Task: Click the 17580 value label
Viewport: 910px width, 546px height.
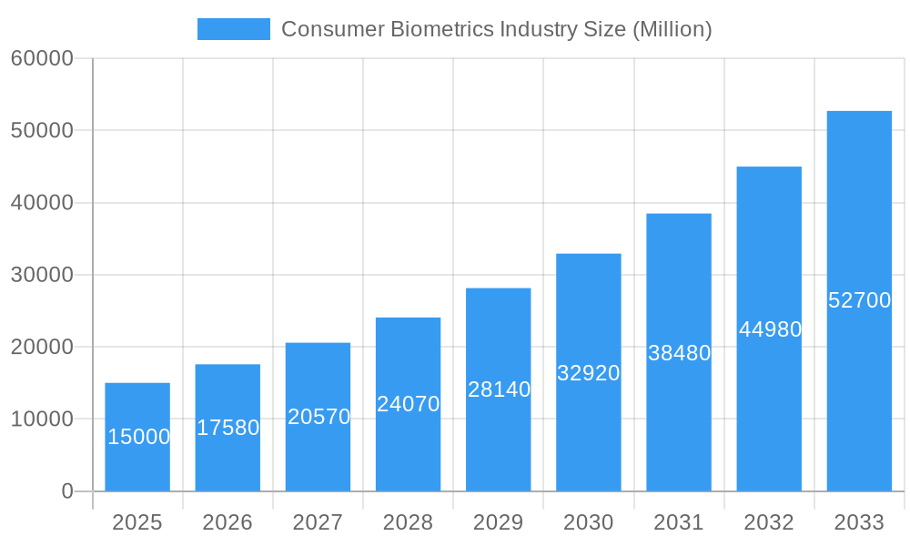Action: pos(227,428)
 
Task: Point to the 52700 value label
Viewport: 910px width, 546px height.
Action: pos(859,300)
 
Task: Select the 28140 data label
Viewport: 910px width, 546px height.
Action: pos(499,389)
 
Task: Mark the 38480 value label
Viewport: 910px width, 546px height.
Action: pos(679,353)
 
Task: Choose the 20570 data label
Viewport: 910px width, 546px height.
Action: pos(318,417)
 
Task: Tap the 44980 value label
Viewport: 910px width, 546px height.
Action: pos(770,329)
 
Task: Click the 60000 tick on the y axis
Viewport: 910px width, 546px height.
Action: pos(42,59)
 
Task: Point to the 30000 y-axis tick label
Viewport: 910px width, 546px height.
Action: pos(42,275)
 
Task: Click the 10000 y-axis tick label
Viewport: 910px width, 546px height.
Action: pos(42,420)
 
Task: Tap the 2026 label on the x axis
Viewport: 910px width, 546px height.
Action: pos(227,522)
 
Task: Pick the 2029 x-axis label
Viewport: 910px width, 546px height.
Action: pos(499,522)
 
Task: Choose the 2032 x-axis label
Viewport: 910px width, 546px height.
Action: pos(769,522)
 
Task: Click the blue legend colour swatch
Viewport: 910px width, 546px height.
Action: pos(234,29)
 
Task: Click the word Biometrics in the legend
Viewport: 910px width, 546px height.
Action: pos(441,29)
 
